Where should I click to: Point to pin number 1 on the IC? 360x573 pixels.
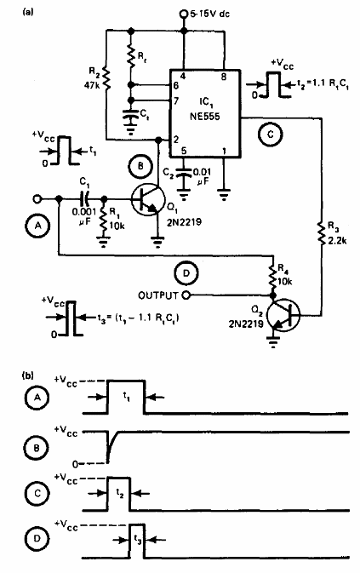(x=223, y=151)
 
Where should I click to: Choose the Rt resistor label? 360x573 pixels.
(x=142, y=61)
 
